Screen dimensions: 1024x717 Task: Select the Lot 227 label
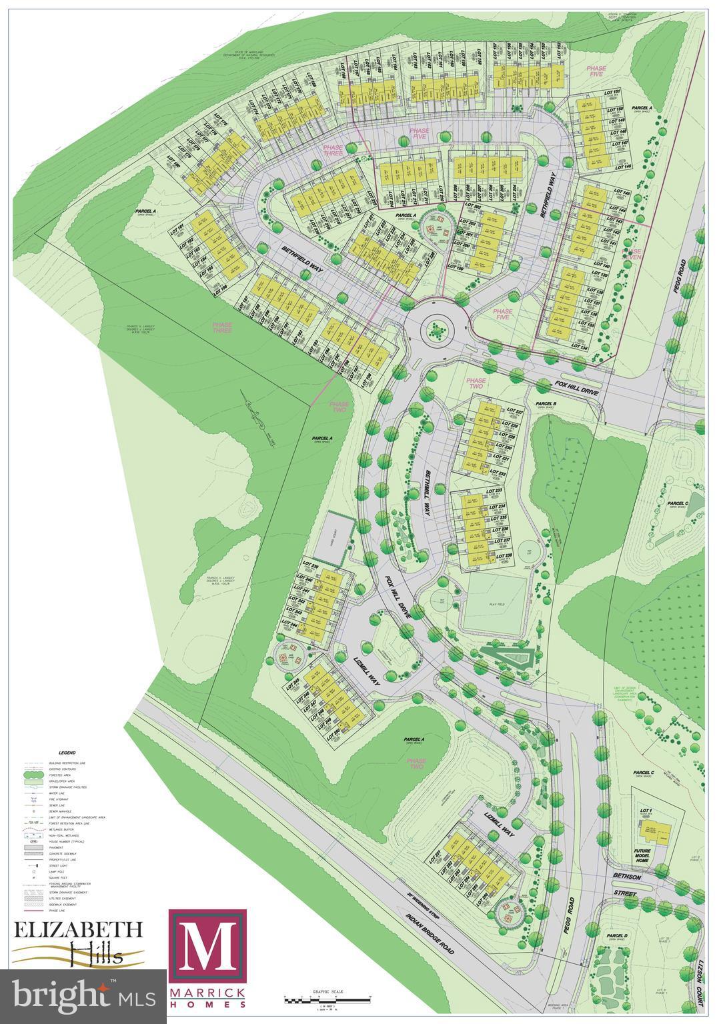click(x=515, y=411)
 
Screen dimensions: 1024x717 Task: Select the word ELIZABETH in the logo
click(x=78, y=929)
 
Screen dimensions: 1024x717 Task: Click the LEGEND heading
click(x=67, y=752)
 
